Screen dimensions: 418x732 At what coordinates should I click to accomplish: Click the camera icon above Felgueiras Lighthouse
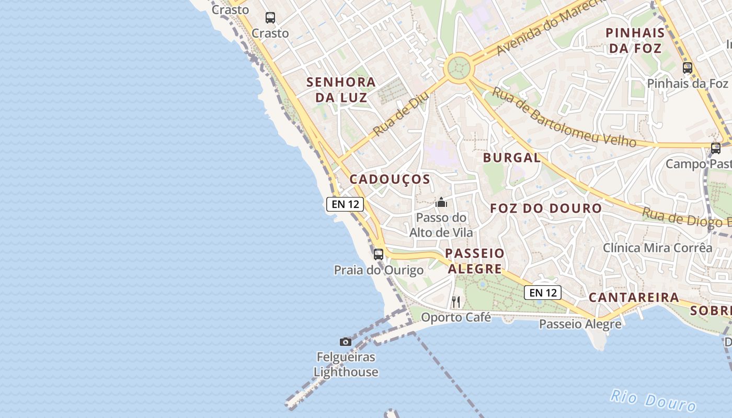pos(346,342)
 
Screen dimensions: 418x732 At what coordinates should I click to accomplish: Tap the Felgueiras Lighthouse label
pos(346,365)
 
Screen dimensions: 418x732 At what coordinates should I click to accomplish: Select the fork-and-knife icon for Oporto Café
pos(456,301)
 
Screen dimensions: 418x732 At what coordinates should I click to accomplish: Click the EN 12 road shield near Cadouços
pos(345,204)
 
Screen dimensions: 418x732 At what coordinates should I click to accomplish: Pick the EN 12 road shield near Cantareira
pos(543,293)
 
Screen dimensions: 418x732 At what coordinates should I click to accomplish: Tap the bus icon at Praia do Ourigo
pos(379,254)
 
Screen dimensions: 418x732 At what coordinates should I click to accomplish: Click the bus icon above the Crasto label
pos(270,18)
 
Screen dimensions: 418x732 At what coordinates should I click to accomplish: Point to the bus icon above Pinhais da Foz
pos(687,68)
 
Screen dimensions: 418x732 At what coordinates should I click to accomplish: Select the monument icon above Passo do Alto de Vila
pos(441,202)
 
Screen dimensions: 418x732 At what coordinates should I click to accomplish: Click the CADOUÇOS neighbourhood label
pos(390,179)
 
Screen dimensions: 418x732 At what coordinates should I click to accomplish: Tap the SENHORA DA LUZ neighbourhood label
pos(341,90)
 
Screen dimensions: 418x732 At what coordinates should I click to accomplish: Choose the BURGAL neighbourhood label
pos(512,158)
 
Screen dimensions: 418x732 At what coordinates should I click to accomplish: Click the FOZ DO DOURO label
pos(546,208)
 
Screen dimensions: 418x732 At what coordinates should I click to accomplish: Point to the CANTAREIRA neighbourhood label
pos(634,298)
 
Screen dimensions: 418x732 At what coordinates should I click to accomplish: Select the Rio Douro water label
pos(653,401)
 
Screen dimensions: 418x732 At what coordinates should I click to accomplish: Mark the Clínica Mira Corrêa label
pos(658,248)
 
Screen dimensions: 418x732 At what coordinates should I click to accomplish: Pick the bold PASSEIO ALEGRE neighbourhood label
pos(475,261)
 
